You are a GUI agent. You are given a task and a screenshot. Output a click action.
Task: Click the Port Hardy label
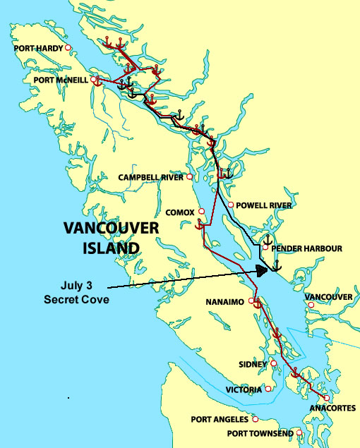[x=38, y=49]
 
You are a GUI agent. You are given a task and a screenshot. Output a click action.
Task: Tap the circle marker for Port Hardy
[x=68, y=48]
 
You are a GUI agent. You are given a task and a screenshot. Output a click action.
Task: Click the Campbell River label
[x=150, y=177]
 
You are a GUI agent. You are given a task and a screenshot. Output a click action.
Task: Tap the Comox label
[x=180, y=212]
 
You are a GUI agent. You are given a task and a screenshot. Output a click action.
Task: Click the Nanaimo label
[x=225, y=302]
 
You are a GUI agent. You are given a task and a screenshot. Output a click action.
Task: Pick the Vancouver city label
[x=328, y=297]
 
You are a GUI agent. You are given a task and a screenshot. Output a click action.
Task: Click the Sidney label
[x=253, y=364]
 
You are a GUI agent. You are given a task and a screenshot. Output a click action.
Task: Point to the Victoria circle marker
[x=268, y=389]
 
